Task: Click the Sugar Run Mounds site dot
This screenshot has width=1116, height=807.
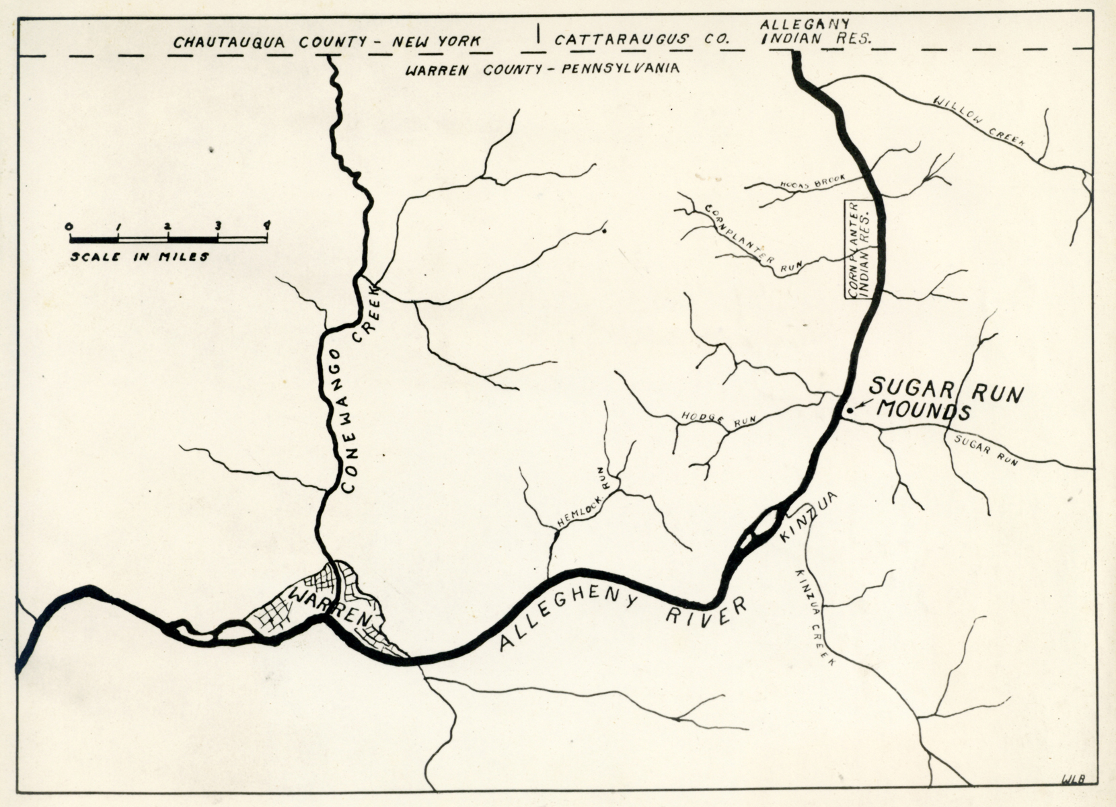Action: (849, 410)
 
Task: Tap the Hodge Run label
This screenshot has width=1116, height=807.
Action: (718, 420)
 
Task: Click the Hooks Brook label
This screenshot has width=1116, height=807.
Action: (811, 182)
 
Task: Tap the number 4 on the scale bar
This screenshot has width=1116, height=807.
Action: (267, 225)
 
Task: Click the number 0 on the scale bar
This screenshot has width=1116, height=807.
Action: (69, 225)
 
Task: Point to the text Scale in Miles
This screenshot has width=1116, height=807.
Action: (139, 256)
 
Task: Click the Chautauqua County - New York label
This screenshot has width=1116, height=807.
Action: (327, 42)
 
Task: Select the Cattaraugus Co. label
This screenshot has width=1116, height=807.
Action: (642, 39)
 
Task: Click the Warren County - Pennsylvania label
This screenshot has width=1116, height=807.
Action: (542, 68)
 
